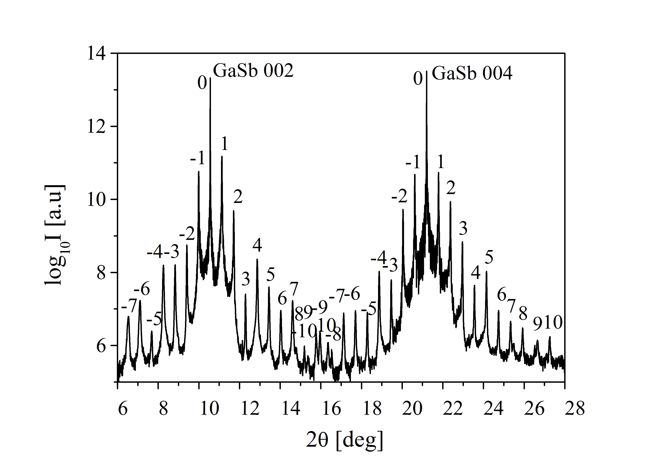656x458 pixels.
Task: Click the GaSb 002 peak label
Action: pyautogui.click(x=253, y=71)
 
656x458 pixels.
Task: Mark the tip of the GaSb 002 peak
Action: pyautogui.click(x=210, y=78)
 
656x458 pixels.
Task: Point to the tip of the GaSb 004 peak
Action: pyautogui.click(x=426, y=71)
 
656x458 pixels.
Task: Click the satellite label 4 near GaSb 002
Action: pyautogui.click(x=257, y=245)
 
